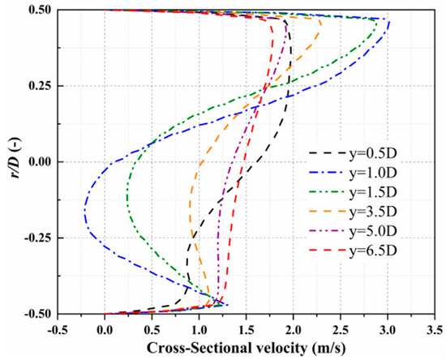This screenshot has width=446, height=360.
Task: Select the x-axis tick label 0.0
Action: click(x=105, y=330)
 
